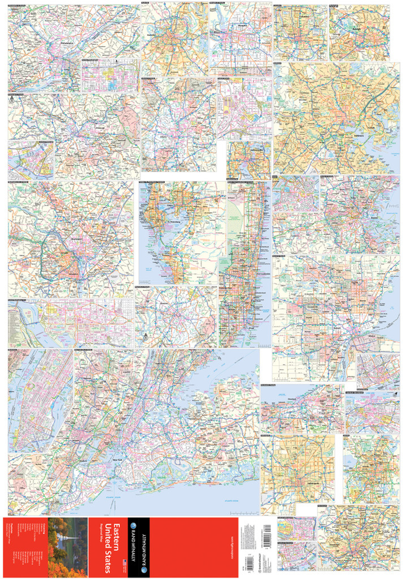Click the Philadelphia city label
coord(67,43)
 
